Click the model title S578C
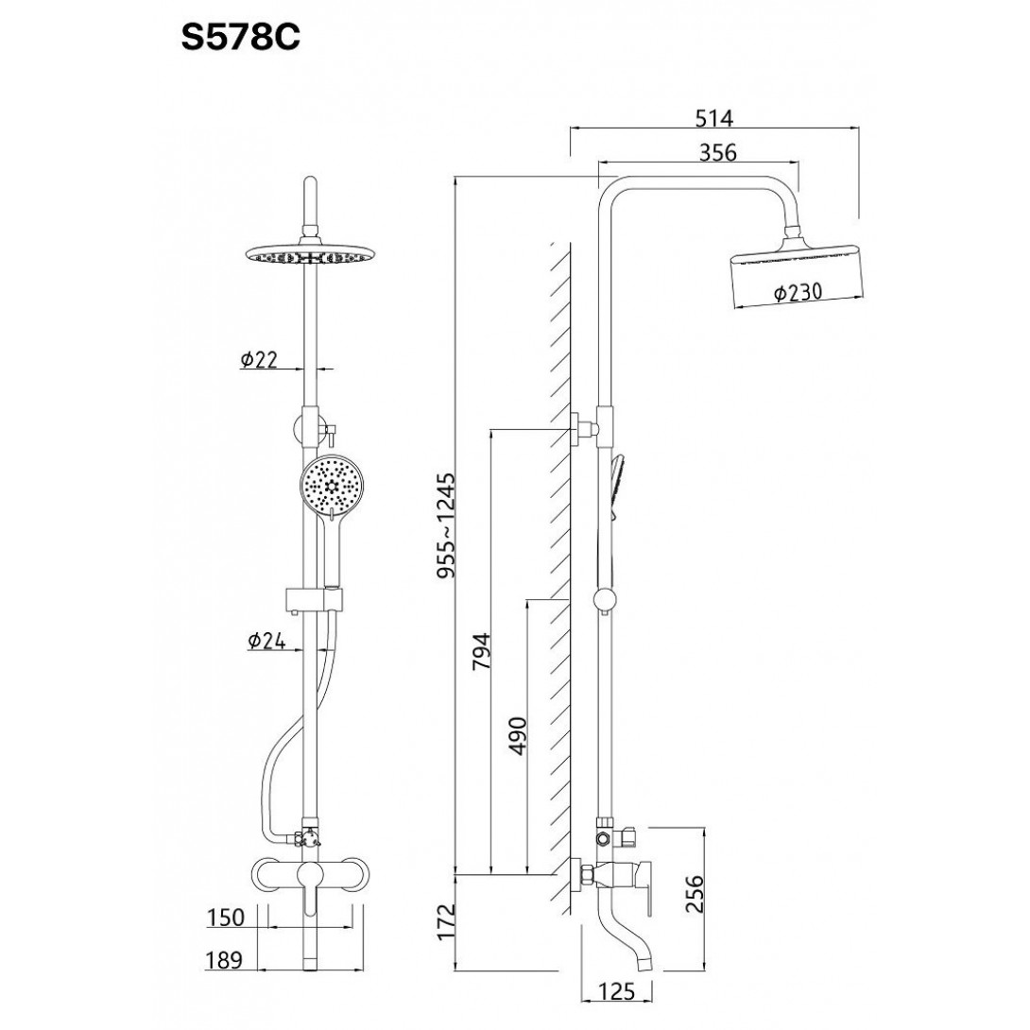click(240, 38)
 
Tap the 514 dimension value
click(713, 118)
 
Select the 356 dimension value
click(718, 152)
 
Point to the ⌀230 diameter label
click(798, 292)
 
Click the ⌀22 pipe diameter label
click(260, 359)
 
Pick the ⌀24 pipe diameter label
click(266, 641)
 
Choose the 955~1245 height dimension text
click(446, 525)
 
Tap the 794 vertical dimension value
click(482, 651)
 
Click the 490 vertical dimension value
click(518, 736)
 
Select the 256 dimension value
click(695, 893)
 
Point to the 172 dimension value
click(446, 922)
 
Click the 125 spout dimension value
click(617, 991)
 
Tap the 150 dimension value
click(226, 917)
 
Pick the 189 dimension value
click(224, 960)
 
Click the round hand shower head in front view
click(332, 486)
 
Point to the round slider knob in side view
click(605, 600)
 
